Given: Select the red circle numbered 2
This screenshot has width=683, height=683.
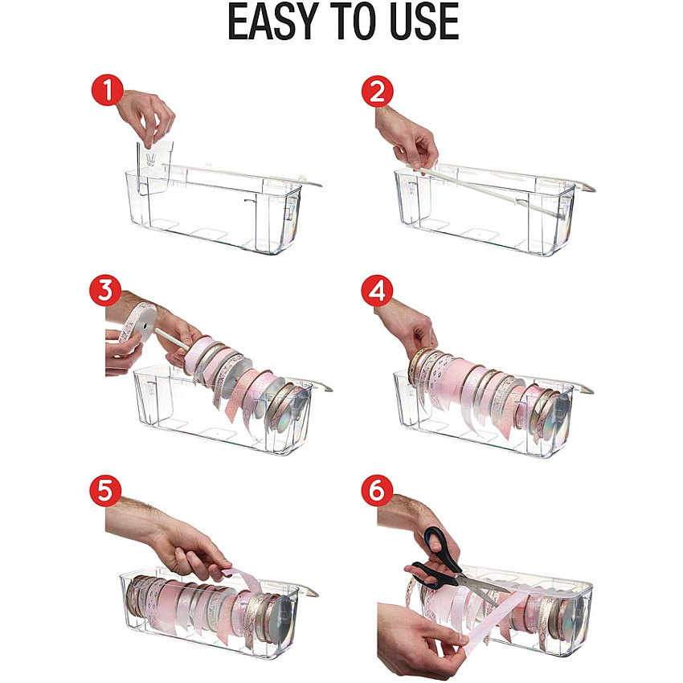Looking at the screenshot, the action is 378,92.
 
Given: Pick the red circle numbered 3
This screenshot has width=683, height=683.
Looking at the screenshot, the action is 105,290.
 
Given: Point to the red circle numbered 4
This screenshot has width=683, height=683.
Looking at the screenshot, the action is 377,291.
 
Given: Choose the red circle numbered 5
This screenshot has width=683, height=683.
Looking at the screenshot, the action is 105,490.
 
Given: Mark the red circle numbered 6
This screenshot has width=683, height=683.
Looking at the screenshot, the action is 377,490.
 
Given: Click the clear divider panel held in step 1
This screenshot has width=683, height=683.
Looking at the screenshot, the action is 153,166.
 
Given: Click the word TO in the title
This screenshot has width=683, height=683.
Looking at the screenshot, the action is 346,22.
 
